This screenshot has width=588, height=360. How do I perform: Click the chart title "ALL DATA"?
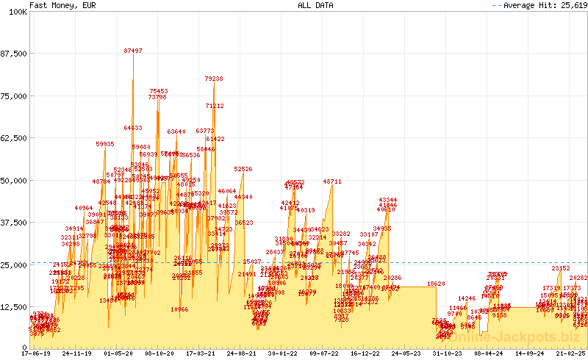[x=315, y=5]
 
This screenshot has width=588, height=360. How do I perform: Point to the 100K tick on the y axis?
[x=16, y=12]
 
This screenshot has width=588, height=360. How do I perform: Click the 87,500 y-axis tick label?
[x=13, y=54]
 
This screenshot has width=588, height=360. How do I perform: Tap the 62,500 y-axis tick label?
[x=13, y=138]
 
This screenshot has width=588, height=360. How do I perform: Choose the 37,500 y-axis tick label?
[x=13, y=223]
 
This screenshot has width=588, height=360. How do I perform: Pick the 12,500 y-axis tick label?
[x=13, y=307]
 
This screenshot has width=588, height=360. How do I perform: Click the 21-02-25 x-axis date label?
[x=570, y=353]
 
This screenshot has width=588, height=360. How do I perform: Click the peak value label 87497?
[x=133, y=51]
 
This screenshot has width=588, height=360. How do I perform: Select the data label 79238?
[x=214, y=79]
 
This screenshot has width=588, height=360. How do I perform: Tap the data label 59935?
[x=105, y=145]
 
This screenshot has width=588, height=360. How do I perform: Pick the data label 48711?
[x=332, y=181]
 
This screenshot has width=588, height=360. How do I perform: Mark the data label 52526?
[x=243, y=170]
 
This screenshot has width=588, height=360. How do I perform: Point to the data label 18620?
[x=436, y=284]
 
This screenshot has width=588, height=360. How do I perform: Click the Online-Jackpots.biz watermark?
[x=514, y=336]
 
